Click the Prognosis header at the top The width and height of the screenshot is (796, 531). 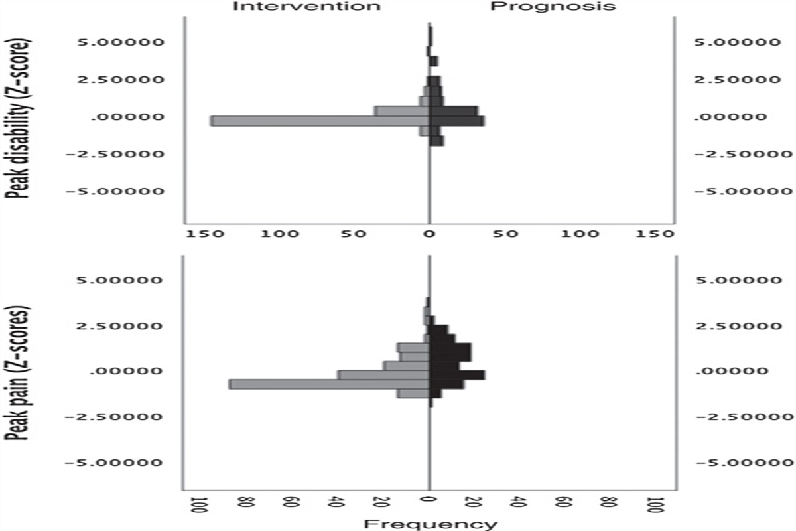pyautogui.click(x=553, y=7)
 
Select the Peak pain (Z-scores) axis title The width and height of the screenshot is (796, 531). pyautogui.click(x=21, y=375)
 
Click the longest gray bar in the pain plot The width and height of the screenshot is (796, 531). pyautogui.click(x=329, y=384)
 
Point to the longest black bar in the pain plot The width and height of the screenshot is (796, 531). pyautogui.click(x=458, y=375)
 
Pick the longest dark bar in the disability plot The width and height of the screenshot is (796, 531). pyautogui.click(x=458, y=121)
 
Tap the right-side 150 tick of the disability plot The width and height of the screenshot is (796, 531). pyautogui.click(x=659, y=234)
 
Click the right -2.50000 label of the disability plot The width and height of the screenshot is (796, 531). pyautogui.click(x=736, y=155)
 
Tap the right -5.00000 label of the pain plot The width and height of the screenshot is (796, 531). pyautogui.click(x=736, y=463)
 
